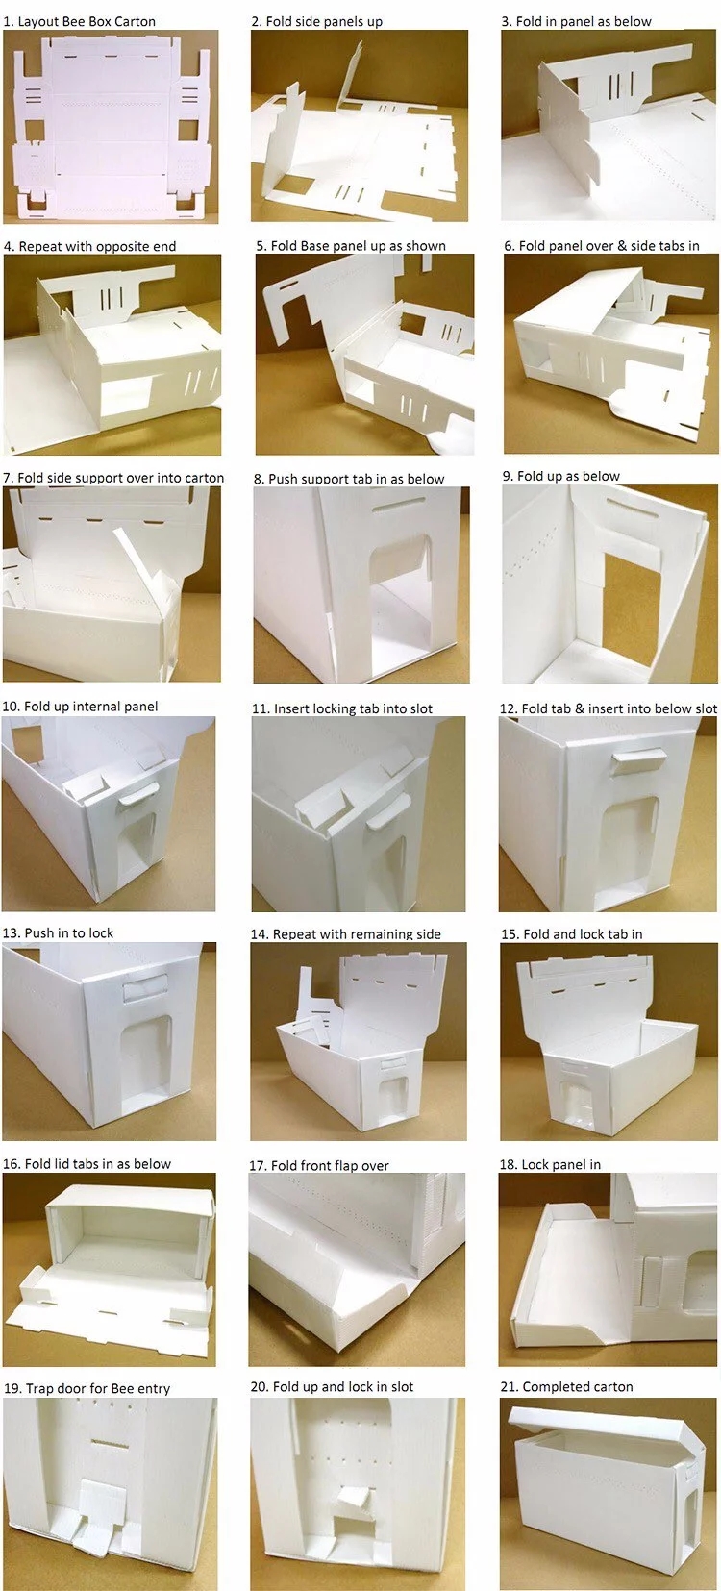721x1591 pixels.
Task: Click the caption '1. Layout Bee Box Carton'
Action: click(x=80, y=21)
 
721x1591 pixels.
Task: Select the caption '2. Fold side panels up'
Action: click(x=317, y=21)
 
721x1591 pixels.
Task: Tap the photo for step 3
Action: click(x=609, y=125)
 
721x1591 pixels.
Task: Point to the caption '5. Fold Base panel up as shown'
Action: click(x=351, y=246)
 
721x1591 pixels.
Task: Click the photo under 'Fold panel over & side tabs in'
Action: click(x=610, y=354)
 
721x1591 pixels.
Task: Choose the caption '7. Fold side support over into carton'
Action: click(x=113, y=477)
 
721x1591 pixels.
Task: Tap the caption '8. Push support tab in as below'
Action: click(x=349, y=478)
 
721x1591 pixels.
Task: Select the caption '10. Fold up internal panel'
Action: click(x=80, y=706)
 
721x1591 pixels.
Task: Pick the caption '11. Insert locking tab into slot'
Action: click(x=341, y=708)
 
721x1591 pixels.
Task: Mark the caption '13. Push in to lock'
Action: click(x=59, y=932)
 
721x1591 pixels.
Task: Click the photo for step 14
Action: click(x=359, y=1041)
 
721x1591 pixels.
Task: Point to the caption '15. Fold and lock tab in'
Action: click(x=572, y=934)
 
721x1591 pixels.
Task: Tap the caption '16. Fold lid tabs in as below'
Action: click(x=87, y=1163)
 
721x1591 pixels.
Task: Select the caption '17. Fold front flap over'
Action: click(x=319, y=1165)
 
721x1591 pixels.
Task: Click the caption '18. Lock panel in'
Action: click(x=550, y=1164)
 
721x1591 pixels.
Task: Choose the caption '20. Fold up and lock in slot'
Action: click(x=332, y=1386)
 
